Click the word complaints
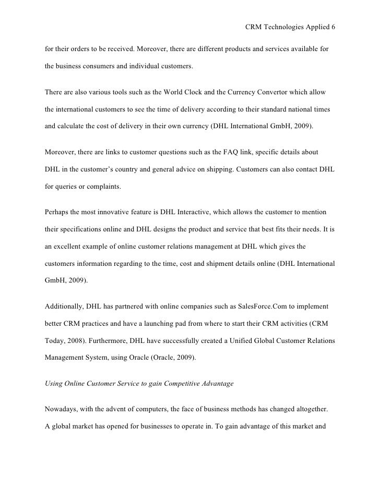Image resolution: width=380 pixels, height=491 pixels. pyautogui.click(x=101, y=185)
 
